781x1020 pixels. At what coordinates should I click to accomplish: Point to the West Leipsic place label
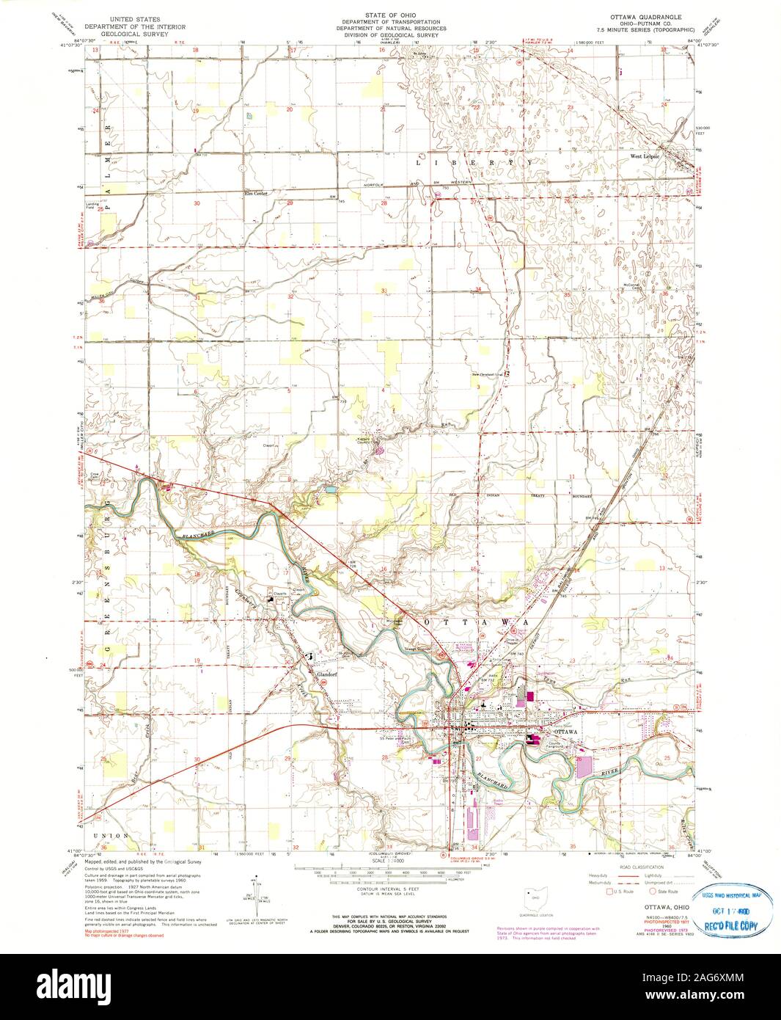click(x=643, y=156)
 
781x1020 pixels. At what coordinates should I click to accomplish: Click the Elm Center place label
click(x=254, y=194)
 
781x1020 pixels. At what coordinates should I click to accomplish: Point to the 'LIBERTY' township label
click(x=474, y=161)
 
